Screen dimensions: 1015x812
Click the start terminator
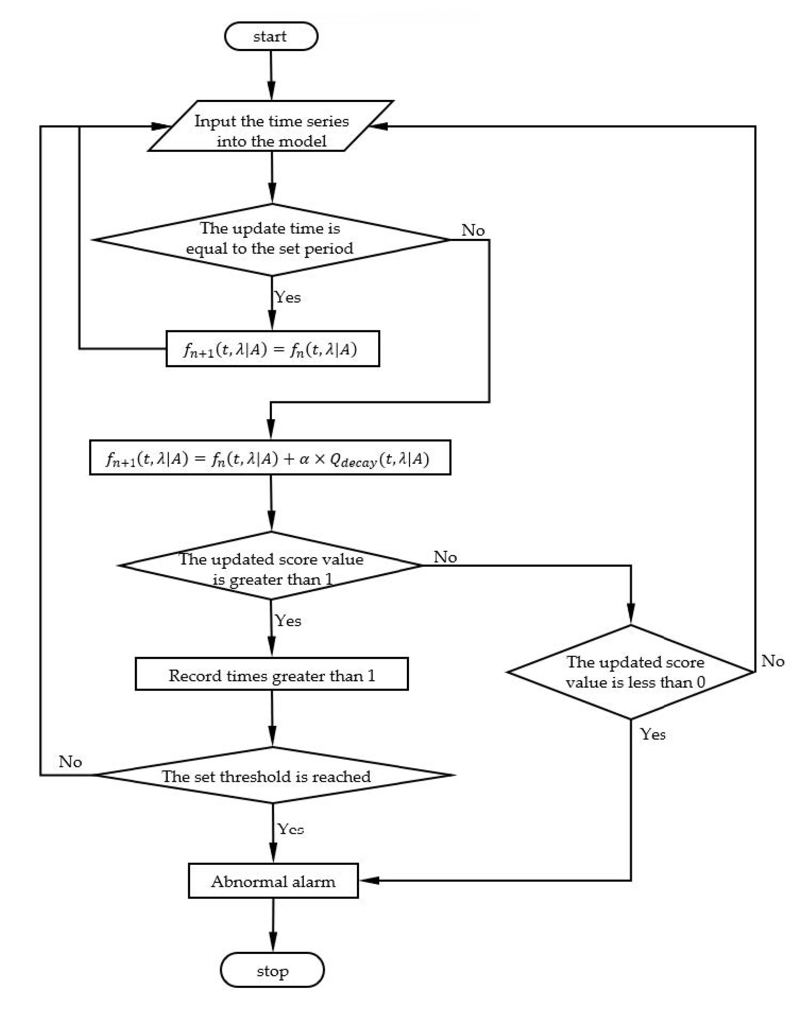(271, 37)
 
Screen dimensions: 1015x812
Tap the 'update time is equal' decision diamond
(271, 239)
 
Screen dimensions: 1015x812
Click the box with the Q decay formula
(270, 458)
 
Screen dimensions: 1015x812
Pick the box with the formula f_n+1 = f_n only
(273, 349)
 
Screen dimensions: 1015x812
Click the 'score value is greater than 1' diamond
(271, 565)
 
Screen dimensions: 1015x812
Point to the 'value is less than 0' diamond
(630, 672)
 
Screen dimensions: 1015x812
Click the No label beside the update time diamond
(473, 230)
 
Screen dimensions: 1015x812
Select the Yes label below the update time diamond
(287, 297)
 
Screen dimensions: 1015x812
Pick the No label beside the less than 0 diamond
(772, 661)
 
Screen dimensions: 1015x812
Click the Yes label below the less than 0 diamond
(652, 734)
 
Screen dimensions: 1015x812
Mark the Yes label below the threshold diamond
(290, 829)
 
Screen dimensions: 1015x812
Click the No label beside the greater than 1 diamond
(445, 557)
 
